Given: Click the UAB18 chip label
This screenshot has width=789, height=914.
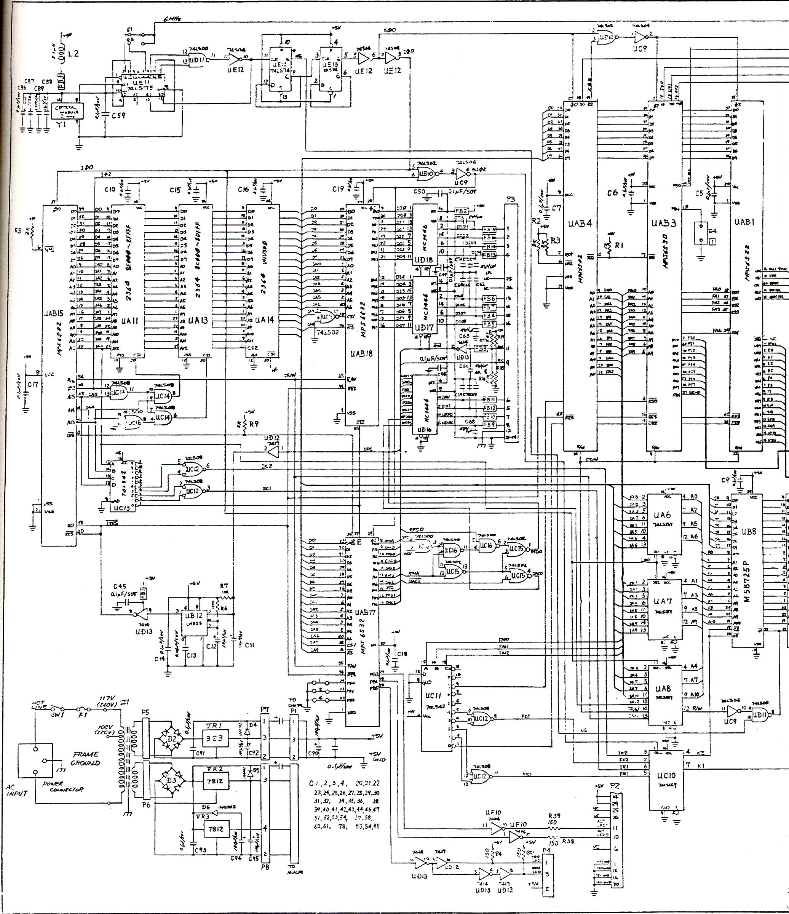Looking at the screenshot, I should [x=362, y=353].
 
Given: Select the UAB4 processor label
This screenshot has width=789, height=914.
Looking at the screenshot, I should [x=580, y=224].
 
